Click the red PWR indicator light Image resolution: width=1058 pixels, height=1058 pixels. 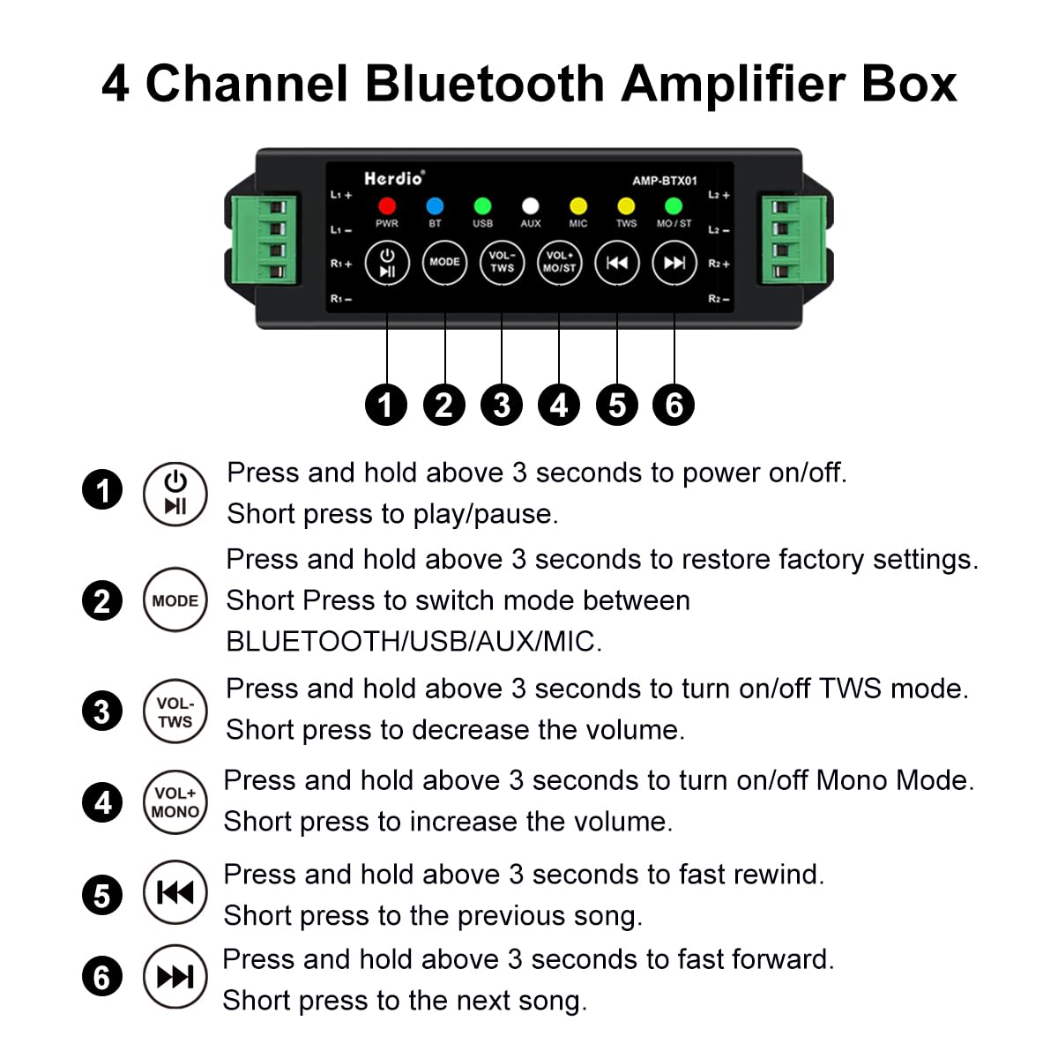[386, 206]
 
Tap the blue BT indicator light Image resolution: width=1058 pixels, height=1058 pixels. [435, 206]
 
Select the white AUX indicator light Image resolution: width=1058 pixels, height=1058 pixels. [530, 206]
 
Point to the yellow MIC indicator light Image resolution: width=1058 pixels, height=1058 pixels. [577, 206]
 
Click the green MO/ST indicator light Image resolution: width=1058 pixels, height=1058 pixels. [673, 206]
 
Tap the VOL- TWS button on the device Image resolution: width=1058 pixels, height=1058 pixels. [502, 263]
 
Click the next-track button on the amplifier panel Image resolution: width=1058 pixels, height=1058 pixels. [674, 263]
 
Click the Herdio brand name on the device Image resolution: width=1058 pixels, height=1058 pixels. [394, 178]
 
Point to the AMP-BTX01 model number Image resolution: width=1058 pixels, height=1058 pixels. [665, 181]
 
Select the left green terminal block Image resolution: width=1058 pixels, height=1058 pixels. [263, 240]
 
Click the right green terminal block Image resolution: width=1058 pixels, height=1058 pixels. [793, 240]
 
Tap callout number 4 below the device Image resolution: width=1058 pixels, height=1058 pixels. [559, 405]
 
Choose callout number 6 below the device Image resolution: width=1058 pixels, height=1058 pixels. [673, 405]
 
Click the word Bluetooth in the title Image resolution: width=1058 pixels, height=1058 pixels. [484, 84]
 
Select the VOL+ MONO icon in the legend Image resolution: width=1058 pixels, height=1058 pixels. [175, 802]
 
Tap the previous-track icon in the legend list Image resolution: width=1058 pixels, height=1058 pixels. [175, 892]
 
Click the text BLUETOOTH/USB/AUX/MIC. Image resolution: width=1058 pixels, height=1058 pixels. [414, 641]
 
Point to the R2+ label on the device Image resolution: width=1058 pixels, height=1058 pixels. [719, 264]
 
